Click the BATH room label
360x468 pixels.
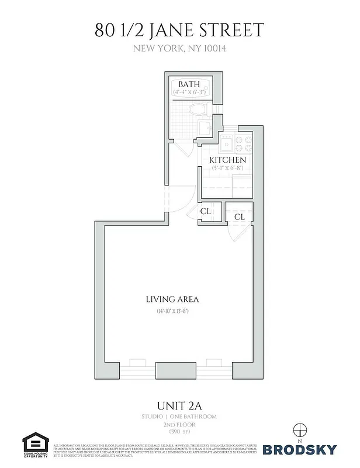pyautogui.click(x=189, y=84)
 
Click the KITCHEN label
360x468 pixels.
pyautogui.click(x=228, y=160)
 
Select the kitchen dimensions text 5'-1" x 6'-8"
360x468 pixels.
pyautogui.click(x=228, y=169)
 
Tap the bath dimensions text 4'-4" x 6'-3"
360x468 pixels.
pyautogui.click(x=189, y=92)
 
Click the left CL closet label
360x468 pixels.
pyautogui.click(x=206, y=211)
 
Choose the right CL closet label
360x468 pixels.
pyautogui.click(x=239, y=217)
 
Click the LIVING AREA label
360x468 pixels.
pyautogui.click(x=172, y=300)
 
